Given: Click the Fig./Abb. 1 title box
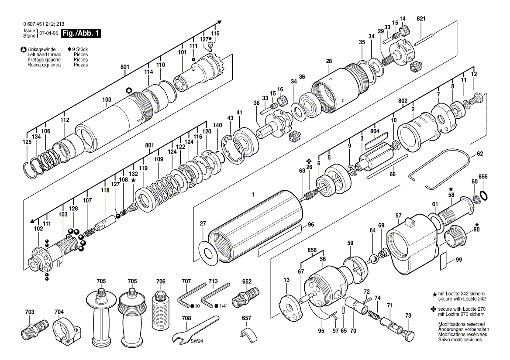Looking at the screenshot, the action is (x=81, y=33).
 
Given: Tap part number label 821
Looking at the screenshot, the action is (x=421, y=19).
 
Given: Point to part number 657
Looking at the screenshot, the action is (x=247, y=318).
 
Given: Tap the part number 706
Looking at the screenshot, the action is (x=161, y=281).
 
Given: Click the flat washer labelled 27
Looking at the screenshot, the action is (x=207, y=251).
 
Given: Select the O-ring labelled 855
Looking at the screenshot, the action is (x=484, y=195).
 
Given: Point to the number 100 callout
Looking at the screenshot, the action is (x=107, y=100).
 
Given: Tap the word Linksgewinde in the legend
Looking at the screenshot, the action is (x=41, y=49).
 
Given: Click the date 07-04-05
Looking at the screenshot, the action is (x=49, y=33).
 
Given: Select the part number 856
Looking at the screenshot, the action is (x=312, y=250).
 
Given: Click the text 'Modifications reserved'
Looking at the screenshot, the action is (x=461, y=324).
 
